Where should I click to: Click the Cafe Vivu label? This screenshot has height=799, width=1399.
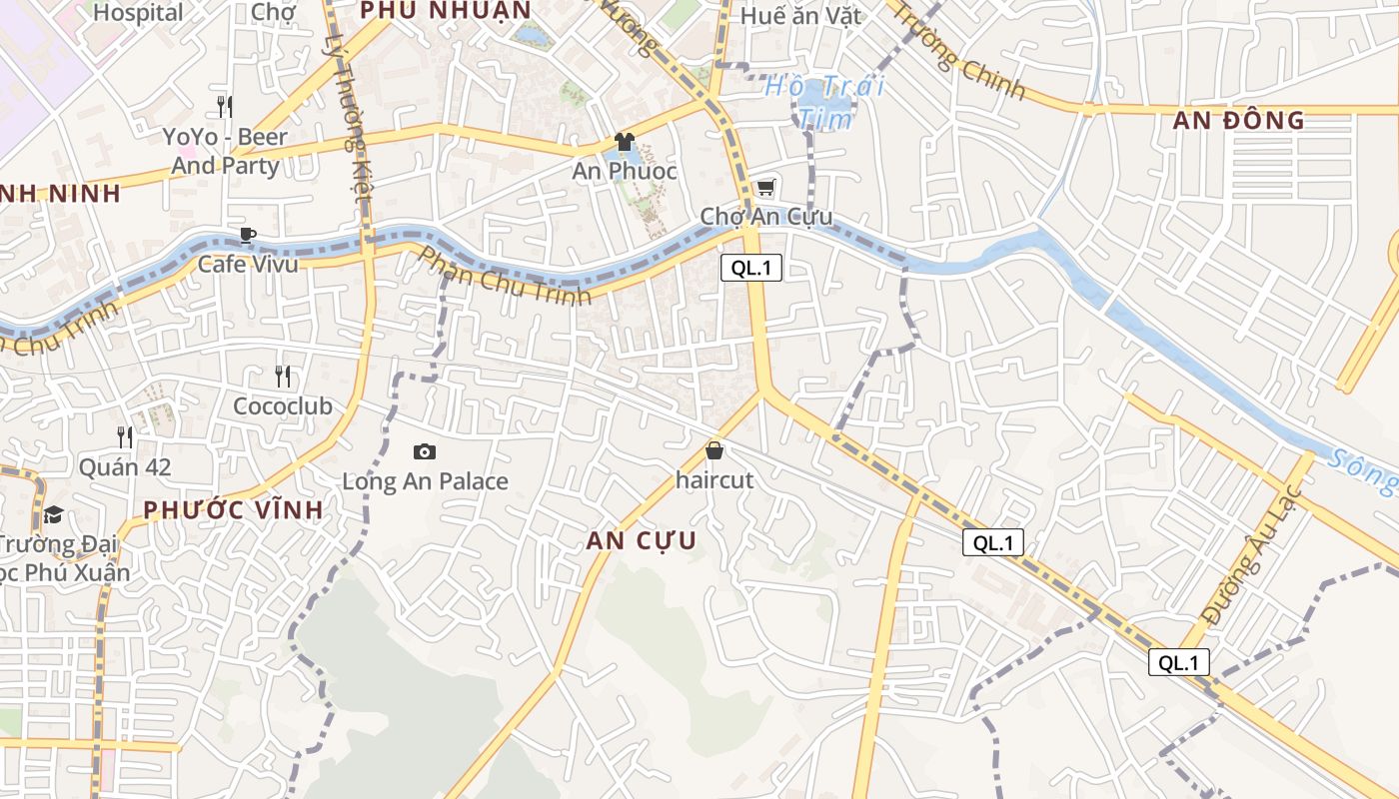point(247,264)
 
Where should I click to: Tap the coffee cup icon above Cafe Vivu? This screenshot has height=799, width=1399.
point(247,235)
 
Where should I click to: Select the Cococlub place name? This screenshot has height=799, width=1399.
point(283,406)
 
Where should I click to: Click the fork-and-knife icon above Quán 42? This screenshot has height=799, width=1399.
point(125,436)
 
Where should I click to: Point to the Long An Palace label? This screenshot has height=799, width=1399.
point(425,481)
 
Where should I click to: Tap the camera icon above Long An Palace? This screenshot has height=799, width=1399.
point(425,452)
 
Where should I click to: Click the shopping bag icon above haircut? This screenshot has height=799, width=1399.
point(713,450)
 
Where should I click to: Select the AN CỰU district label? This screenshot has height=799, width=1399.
point(641,540)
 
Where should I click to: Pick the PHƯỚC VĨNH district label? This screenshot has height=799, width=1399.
point(233,509)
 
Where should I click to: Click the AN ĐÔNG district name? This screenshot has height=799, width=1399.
point(1239,121)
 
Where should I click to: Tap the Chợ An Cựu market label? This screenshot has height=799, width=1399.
point(765,217)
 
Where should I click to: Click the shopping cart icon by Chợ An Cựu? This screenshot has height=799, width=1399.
point(765,188)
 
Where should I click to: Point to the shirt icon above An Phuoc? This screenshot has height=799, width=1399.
point(625,142)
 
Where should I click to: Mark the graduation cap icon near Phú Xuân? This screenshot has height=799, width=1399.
point(53,514)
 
